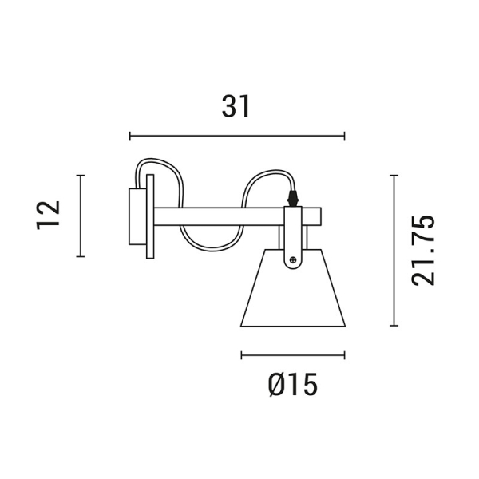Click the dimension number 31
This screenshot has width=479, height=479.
coord(236,106)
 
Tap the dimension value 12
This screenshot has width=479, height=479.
coord(49,215)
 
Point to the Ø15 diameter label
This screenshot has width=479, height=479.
coord(293,386)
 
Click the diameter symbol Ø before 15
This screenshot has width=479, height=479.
coord(275,386)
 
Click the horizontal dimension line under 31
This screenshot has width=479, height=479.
coord(236,136)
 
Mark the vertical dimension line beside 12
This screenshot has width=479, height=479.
coord(80,216)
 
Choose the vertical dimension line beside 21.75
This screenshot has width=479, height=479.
coord(393,250)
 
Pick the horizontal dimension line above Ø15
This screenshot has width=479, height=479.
coord(293,355)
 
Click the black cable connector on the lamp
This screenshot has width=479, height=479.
coord(293,195)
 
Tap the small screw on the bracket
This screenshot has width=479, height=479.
coord(294,259)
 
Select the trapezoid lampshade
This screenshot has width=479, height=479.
coord(293,295)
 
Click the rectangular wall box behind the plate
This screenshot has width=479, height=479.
coord(135,216)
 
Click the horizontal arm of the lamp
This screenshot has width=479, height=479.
coord(220,216)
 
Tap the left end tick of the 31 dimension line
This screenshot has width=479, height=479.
coord(129,136)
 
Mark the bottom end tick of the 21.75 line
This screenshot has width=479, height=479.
coord(393,326)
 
